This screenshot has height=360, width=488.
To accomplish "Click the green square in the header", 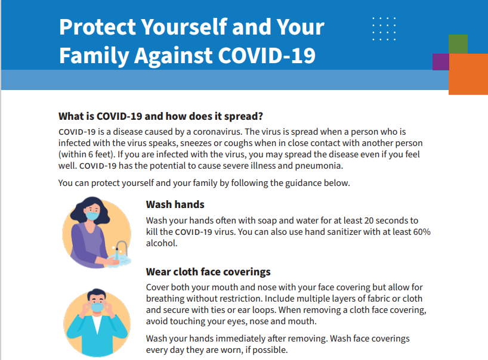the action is (x=458, y=44).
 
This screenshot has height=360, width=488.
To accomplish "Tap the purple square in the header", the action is (x=441, y=62).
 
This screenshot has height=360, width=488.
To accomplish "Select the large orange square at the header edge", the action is (x=468, y=74).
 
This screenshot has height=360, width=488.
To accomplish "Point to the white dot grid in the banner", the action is (x=384, y=29).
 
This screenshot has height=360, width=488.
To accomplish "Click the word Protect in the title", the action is (x=97, y=27).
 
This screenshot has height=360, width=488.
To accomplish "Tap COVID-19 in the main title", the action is (x=267, y=55).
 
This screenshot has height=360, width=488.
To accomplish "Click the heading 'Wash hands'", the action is (x=175, y=204).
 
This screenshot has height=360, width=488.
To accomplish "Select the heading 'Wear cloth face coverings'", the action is (x=208, y=272).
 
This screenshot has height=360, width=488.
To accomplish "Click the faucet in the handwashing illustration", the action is (x=121, y=248).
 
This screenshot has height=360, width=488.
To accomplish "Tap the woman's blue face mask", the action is (x=92, y=215).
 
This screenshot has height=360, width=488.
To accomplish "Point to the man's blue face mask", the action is (x=97, y=307).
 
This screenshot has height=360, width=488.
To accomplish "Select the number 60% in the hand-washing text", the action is (x=422, y=232).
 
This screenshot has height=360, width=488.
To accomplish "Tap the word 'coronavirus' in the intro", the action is (x=217, y=132).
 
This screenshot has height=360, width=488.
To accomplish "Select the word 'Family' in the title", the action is (x=94, y=56).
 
